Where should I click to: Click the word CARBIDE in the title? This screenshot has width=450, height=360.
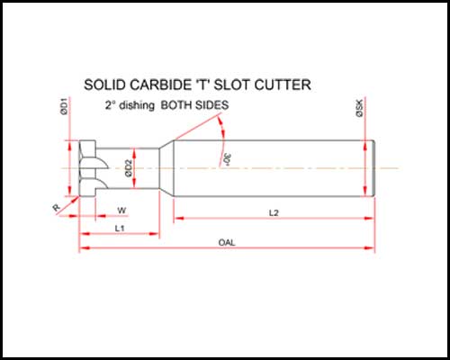click(x=160, y=85)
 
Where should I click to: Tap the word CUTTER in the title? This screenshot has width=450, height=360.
click(x=283, y=85)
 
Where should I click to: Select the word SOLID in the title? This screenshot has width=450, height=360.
click(x=104, y=85)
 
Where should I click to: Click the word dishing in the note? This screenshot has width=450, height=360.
click(x=137, y=105)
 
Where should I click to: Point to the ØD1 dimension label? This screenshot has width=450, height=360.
click(x=64, y=107)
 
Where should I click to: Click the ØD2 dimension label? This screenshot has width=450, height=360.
click(x=129, y=168)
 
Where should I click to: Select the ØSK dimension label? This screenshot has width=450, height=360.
click(x=359, y=108)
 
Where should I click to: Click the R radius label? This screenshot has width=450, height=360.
click(x=57, y=207)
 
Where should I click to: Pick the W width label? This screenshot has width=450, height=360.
click(x=121, y=211)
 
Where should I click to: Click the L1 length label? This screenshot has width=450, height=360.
click(x=120, y=229)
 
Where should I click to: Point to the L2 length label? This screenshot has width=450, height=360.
click(x=274, y=213)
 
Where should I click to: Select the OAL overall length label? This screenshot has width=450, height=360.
click(x=227, y=242)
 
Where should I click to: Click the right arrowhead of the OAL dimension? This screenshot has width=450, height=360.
click(x=370, y=247)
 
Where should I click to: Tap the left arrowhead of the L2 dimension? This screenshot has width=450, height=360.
click(x=179, y=218)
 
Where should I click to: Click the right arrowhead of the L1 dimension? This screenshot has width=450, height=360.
click(x=154, y=234)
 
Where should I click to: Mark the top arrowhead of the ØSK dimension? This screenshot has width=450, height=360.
click(x=365, y=146)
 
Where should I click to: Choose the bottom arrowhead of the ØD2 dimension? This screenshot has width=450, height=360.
click(x=134, y=183)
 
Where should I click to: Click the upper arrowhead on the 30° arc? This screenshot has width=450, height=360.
click(x=221, y=122)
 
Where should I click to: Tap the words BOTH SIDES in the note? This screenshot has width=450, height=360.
click(x=194, y=105)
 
